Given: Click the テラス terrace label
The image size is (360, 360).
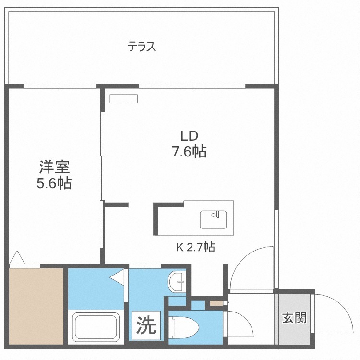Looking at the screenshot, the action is (142, 47).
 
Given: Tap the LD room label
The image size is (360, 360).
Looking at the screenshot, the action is (190, 136).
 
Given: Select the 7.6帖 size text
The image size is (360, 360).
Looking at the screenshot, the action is (190, 151).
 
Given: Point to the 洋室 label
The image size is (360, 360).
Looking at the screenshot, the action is (54, 167).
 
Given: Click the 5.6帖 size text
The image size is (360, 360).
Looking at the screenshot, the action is (54, 183).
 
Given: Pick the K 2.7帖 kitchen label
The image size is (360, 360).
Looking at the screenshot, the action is (196, 247).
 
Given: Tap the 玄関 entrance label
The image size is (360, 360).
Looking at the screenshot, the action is (294, 318).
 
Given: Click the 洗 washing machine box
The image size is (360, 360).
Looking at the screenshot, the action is (146, 325).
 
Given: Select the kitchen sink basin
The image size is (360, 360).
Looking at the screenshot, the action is (213, 219).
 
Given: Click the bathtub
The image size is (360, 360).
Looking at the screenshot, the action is (96, 327).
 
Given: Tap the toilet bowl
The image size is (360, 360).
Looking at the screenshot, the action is (184, 327).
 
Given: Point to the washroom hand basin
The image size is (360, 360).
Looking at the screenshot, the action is (177, 281).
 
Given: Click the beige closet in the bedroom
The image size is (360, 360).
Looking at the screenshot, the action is (36, 306).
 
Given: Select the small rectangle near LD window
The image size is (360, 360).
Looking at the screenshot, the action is (124, 98).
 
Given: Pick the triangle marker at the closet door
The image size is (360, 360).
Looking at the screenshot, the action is (17, 257).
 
